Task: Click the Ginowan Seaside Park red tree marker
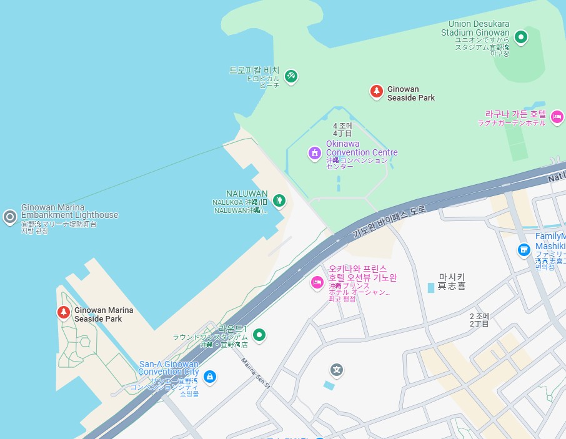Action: [376, 92]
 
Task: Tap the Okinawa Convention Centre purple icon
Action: [315, 152]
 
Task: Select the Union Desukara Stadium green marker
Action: [520, 37]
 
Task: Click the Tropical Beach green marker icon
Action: [290, 76]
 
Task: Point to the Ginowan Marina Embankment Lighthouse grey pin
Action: [9, 217]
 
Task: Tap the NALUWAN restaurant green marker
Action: [279, 200]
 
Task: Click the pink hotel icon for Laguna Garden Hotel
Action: [557, 116]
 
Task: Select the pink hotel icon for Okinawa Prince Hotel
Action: [317, 283]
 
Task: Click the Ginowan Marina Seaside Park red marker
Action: [63, 312]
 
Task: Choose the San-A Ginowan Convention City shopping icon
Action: [211, 376]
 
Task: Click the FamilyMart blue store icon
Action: [524, 250]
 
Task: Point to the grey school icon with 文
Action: [337, 370]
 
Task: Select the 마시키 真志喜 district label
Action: [452, 281]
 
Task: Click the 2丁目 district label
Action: [480, 324]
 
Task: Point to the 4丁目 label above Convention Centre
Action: [342, 133]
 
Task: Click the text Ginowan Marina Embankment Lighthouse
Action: [69, 211]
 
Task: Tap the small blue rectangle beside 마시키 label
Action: [430, 287]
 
